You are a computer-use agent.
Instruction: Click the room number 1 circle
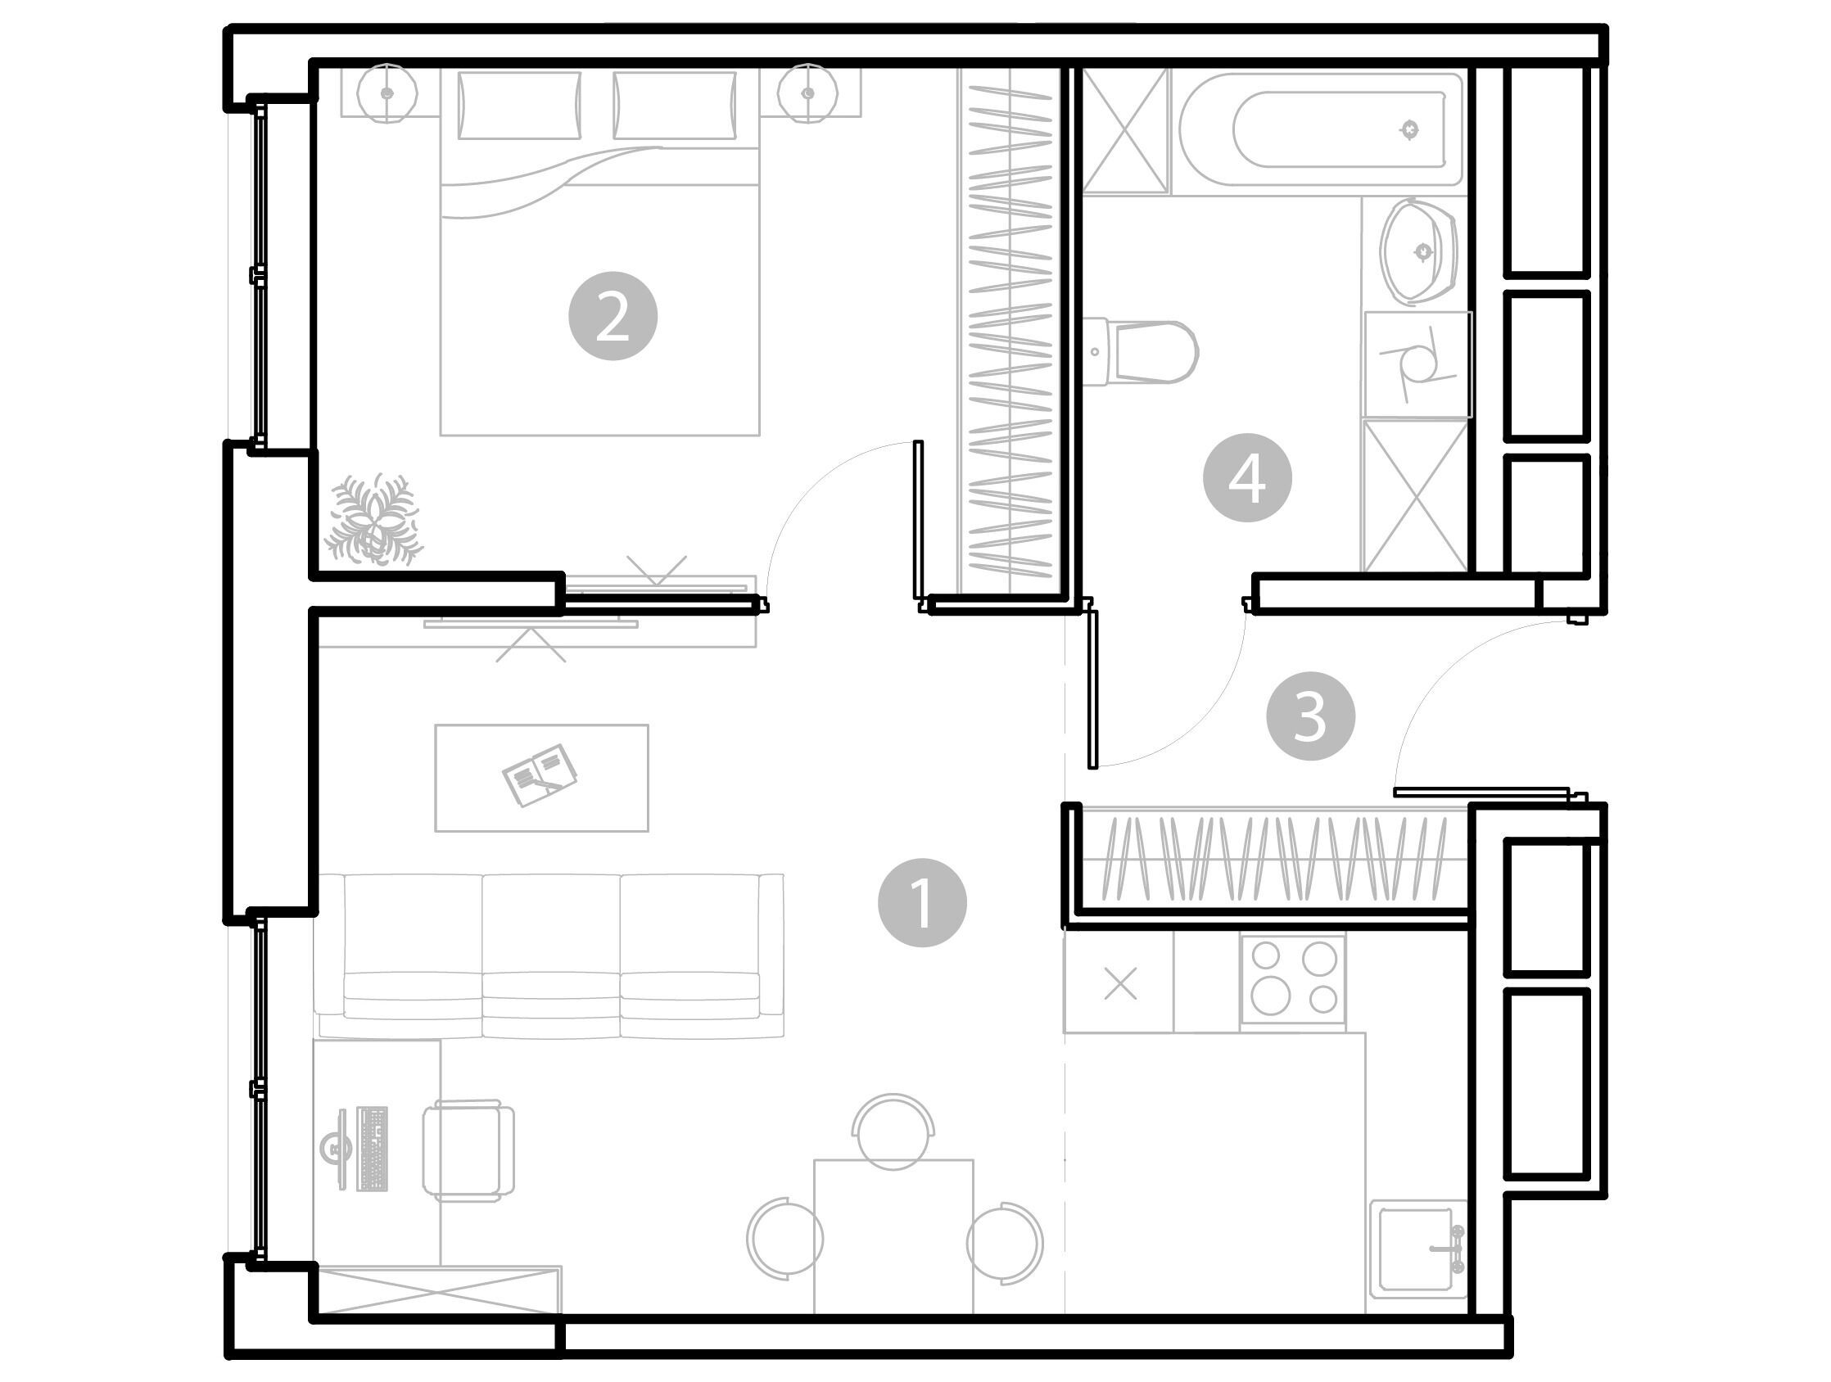[x=922, y=902]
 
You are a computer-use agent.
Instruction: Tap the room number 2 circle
[x=613, y=316]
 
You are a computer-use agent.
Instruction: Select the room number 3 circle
[x=1310, y=716]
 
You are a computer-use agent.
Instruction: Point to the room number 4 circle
[x=1247, y=477]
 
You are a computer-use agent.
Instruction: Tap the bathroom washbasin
[x=1419, y=251]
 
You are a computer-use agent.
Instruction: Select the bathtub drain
[x=1409, y=130]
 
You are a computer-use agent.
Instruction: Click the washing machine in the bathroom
[x=1418, y=364]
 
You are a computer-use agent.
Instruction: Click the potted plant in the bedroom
[x=373, y=520]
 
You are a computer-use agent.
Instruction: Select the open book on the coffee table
[x=540, y=775]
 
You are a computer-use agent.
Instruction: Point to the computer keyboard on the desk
[x=373, y=1149]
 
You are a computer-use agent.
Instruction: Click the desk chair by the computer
[x=468, y=1150]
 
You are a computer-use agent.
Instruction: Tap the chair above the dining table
[x=894, y=1131]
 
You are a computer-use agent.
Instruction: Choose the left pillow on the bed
[x=520, y=105]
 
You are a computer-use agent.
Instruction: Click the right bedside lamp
[x=809, y=93]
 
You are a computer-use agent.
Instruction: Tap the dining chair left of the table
[x=785, y=1239]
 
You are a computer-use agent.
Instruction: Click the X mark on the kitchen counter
[x=1121, y=984]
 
